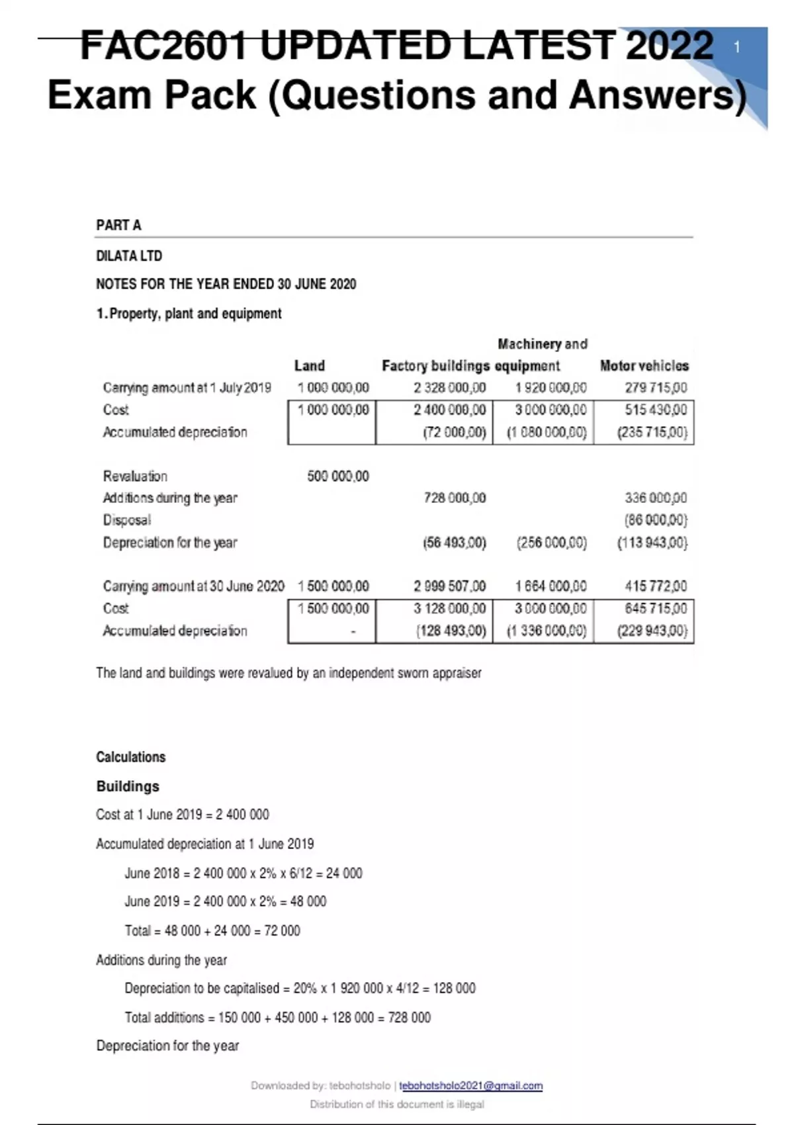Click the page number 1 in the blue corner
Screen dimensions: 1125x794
[x=737, y=47]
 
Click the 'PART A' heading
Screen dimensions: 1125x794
[x=118, y=225]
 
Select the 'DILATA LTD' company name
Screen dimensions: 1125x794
[x=129, y=256]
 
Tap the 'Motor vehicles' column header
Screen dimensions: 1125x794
[x=644, y=366]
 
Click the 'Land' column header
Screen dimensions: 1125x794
[x=309, y=366]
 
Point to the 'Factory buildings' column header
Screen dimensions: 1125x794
[x=435, y=366]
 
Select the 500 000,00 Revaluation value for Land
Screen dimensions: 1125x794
[x=337, y=476]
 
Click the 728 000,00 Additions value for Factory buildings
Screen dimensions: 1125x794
[x=455, y=498]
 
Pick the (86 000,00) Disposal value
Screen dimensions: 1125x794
[x=655, y=520]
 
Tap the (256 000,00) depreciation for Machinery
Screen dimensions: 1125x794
[x=551, y=543]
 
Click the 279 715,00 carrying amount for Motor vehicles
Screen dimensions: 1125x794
[x=656, y=388]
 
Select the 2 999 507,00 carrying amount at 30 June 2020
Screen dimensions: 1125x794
[x=449, y=586]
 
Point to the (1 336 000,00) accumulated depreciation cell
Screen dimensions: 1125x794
[x=547, y=631]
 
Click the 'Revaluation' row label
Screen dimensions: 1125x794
[x=135, y=476]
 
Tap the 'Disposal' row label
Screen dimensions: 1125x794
[x=126, y=520]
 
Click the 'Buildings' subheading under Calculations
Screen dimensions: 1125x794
[x=128, y=786]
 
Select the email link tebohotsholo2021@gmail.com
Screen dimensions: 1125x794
[x=470, y=1085]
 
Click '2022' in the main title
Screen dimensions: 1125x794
[x=669, y=46]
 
